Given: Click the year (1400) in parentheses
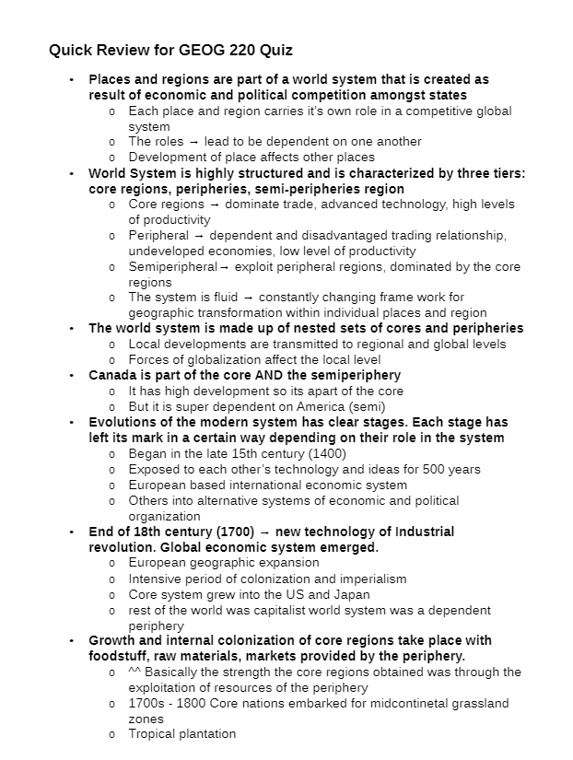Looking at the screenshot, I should [330, 453].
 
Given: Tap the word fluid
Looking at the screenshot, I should [218, 297].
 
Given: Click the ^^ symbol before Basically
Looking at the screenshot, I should [134, 672].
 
